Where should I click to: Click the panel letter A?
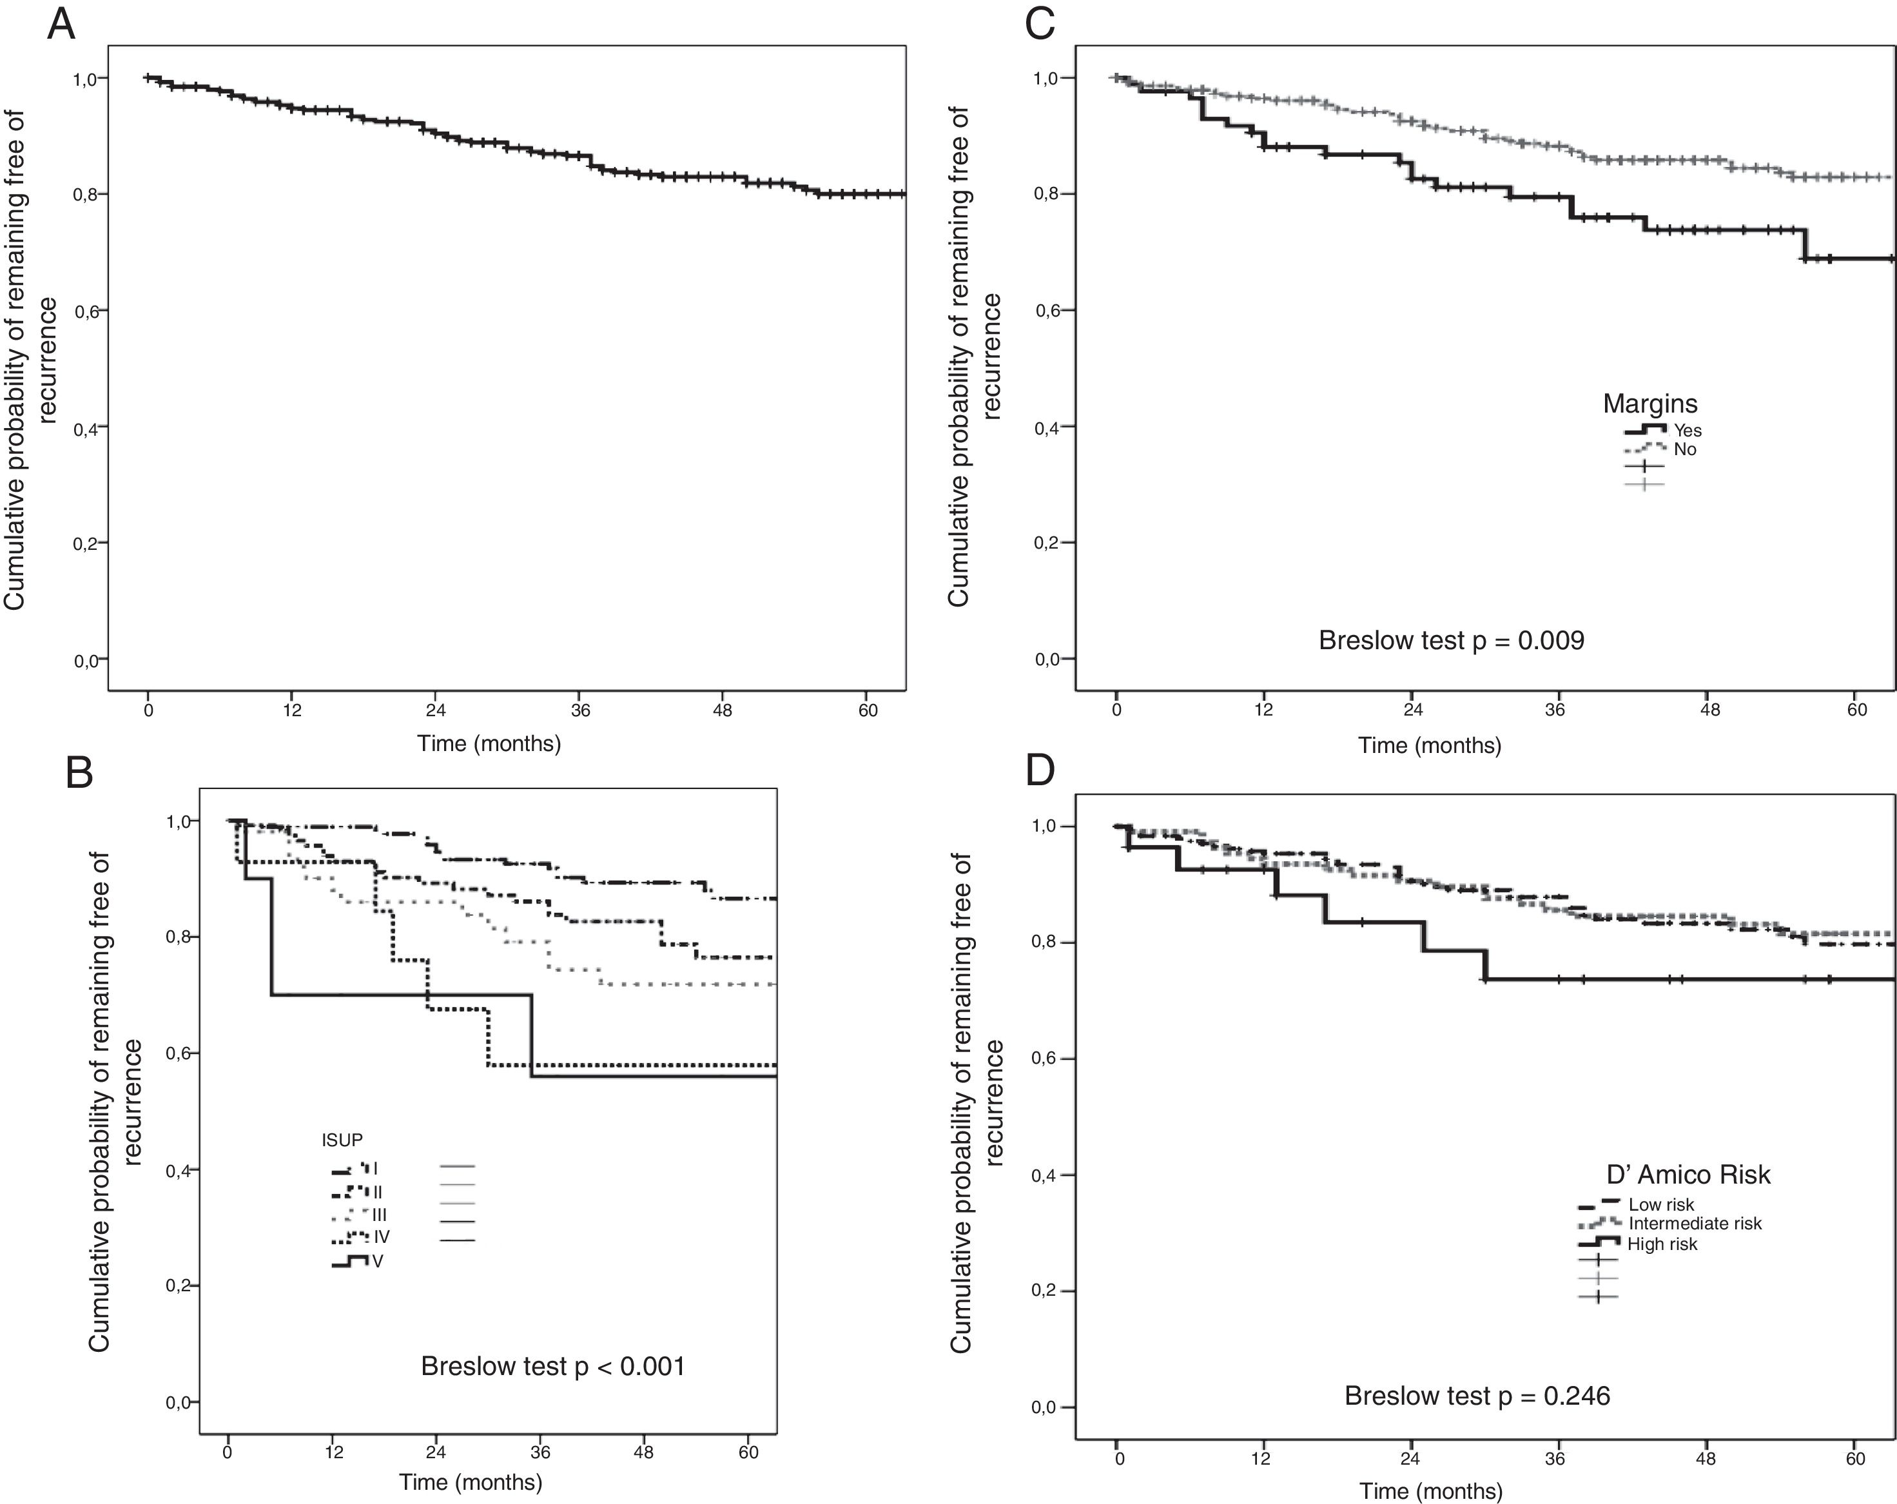point(61,24)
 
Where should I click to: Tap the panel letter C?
point(1040,24)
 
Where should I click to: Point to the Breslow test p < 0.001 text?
point(552,1366)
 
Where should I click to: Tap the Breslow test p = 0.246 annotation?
point(1477,1396)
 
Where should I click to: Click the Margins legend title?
point(1649,404)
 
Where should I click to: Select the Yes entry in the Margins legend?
point(1687,431)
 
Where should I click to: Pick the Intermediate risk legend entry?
point(1695,1224)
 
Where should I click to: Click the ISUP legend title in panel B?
point(342,1140)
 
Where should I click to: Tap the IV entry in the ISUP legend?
point(381,1236)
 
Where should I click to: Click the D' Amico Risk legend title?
point(1688,1175)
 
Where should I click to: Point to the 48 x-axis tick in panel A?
point(723,710)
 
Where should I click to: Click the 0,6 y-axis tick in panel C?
point(1047,311)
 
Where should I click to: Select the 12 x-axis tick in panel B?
point(333,1452)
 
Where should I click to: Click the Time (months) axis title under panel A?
point(489,744)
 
